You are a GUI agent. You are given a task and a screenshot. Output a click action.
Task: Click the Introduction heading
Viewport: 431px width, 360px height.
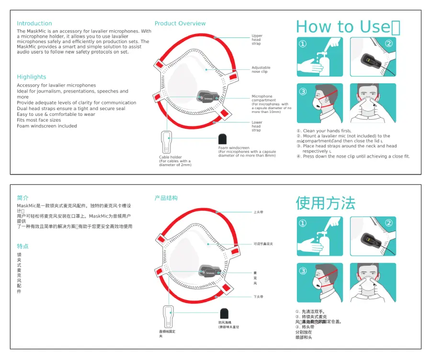point(34,23)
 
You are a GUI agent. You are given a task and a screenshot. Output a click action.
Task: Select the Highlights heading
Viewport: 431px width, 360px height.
point(32,77)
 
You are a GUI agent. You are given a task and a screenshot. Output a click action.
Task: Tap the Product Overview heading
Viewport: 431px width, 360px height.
point(180,23)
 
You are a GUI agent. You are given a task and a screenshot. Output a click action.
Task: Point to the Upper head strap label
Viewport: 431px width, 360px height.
point(257,40)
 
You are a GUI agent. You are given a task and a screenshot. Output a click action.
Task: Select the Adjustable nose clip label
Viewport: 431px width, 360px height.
point(261,70)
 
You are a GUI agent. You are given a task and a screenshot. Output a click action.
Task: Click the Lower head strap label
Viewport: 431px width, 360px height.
point(257,126)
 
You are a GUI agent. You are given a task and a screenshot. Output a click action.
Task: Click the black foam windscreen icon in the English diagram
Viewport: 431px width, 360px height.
point(223,139)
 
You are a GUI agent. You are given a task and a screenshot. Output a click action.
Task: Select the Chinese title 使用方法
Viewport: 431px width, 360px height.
point(326,203)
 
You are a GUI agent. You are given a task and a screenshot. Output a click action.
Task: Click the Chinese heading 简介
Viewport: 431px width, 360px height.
point(23,198)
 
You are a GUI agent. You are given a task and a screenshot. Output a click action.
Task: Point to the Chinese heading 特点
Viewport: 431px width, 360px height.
point(23,247)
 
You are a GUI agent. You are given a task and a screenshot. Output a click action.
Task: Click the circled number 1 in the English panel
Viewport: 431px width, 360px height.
point(303,44)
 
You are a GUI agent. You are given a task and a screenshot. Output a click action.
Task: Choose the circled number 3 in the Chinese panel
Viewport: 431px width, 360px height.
point(303,271)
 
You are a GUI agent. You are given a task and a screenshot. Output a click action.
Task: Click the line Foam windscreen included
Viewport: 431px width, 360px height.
point(47,126)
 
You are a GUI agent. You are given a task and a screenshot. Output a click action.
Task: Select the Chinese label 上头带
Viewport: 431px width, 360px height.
point(259,212)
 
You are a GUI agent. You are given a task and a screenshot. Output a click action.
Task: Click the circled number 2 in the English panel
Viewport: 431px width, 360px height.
point(389,44)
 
